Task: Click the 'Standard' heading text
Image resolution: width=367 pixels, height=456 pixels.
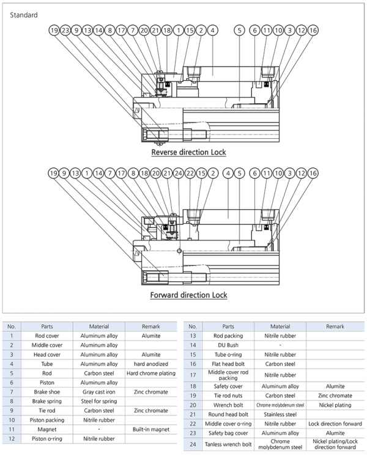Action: coord(24,15)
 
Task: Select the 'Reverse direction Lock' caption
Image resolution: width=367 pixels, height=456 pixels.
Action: coord(188,152)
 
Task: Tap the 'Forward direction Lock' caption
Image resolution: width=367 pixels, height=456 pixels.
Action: coord(188,295)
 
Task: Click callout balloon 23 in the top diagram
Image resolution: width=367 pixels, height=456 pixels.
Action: coord(65,30)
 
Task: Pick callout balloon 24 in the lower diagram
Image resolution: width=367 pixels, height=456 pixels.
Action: coord(179,174)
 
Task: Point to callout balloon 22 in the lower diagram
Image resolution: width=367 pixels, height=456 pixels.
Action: coord(190,174)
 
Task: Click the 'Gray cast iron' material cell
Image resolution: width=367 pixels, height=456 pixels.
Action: coord(99,392)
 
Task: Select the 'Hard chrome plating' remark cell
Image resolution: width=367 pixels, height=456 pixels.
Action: coord(151,373)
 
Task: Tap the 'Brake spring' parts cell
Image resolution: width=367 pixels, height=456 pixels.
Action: coord(47,401)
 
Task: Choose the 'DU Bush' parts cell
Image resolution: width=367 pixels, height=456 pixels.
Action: coord(228,345)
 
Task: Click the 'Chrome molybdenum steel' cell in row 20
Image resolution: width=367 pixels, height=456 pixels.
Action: coord(280,405)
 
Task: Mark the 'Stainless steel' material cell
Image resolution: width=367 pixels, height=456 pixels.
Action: coord(280,414)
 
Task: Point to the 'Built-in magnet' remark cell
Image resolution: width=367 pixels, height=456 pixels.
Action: coord(151,429)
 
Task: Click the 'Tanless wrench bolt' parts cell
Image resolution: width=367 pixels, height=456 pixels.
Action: coord(228,444)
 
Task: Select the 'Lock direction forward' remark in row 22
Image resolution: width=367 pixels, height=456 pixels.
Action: coord(335,424)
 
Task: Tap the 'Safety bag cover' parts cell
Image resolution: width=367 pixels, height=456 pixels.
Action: coord(228,433)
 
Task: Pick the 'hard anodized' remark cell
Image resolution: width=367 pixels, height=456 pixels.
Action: coord(151,364)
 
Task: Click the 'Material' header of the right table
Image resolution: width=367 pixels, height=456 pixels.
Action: coord(280,326)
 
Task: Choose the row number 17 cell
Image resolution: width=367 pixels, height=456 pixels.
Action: coord(193,375)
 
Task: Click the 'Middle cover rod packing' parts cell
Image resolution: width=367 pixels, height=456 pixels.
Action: coord(228,375)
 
